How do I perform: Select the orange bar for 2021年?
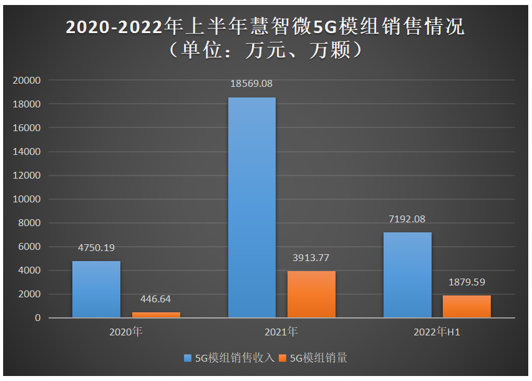coord(311,294)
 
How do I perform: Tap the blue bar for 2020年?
coord(96,289)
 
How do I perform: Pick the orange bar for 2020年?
coord(156,315)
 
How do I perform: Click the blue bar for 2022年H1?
coord(407,275)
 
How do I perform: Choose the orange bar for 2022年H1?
coord(467,306)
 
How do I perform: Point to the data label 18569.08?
coord(251,83)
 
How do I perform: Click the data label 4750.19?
coord(96,247)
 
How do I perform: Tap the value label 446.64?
coord(156,299)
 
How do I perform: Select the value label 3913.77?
coord(311,257)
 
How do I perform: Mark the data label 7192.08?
coord(407,219)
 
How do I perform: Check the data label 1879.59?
coord(467,282)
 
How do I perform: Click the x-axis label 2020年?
coord(126,332)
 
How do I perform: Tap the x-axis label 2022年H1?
coord(437,332)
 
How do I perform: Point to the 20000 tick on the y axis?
coord(27,81)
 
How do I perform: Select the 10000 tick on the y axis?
coord(27,199)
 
